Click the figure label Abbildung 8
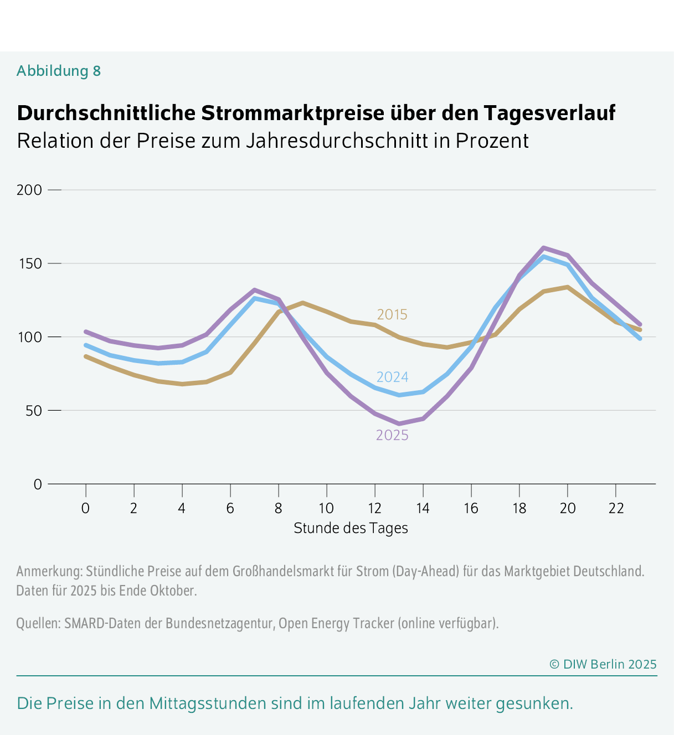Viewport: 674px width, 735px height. [59, 71]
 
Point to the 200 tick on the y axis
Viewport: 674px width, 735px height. [29, 190]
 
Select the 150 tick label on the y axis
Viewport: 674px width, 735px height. [29, 263]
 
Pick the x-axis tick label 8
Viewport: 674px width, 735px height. [278, 508]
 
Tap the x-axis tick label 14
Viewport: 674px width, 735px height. [423, 508]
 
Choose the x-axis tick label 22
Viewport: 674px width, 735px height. [615, 508]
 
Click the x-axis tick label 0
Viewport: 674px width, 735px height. [85, 508]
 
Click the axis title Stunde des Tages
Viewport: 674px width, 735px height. [351, 528]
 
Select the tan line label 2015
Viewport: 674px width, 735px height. [392, 314]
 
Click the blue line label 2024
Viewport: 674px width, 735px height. [392, 377]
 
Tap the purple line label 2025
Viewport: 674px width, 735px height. [392, 436]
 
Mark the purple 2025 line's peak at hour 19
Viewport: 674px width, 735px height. [543, 247]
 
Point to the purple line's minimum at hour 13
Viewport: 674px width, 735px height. [399, 424]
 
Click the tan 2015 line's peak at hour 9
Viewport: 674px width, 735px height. [302, 303]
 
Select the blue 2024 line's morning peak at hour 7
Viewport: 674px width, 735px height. [254, 298]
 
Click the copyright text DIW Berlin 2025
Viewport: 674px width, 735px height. [603, 664]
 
